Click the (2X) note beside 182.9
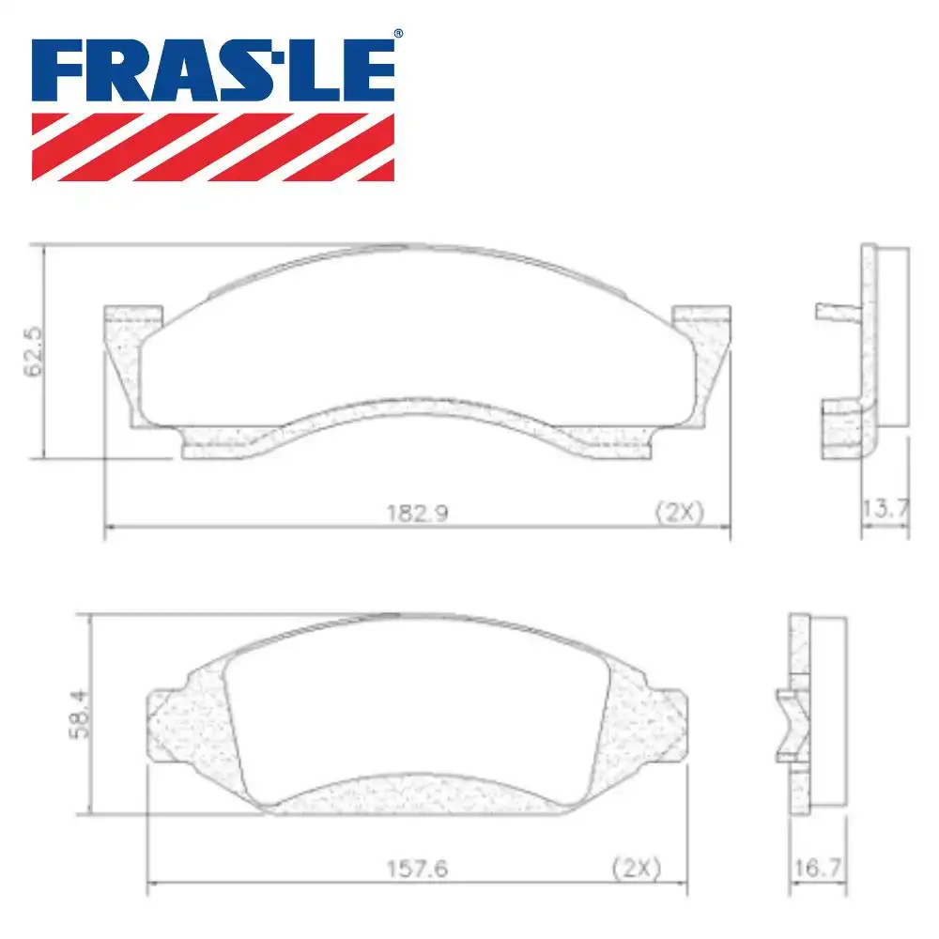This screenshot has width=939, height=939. (678, 513)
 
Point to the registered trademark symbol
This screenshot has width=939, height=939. (398, 35)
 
